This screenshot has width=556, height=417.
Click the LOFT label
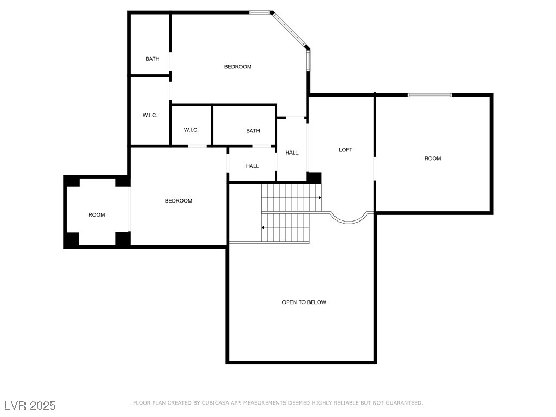pos(345,150)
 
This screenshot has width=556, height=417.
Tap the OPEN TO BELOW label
pos(304,302)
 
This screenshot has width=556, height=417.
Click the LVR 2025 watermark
pos(30,406)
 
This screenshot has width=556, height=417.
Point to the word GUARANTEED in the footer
pos(404,403)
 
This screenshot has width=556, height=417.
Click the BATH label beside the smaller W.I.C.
pos(253,131)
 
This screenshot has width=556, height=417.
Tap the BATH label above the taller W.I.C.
pos(153,59)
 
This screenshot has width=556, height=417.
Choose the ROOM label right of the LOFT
pos(433,159)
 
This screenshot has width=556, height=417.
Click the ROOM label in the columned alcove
pos(97,215)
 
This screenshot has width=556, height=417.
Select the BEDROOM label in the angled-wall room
pos(238,67)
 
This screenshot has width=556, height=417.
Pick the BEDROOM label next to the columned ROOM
pos(178,201)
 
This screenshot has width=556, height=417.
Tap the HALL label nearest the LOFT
pos(292,153)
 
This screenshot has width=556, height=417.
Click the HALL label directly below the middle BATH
pos(252,166)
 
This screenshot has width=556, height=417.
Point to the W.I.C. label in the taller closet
pos(150,115)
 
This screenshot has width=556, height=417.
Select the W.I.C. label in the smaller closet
pos(191,130)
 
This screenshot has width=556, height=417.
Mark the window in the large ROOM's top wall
pos(430,95)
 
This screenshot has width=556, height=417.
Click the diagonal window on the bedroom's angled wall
pos(289,29)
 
